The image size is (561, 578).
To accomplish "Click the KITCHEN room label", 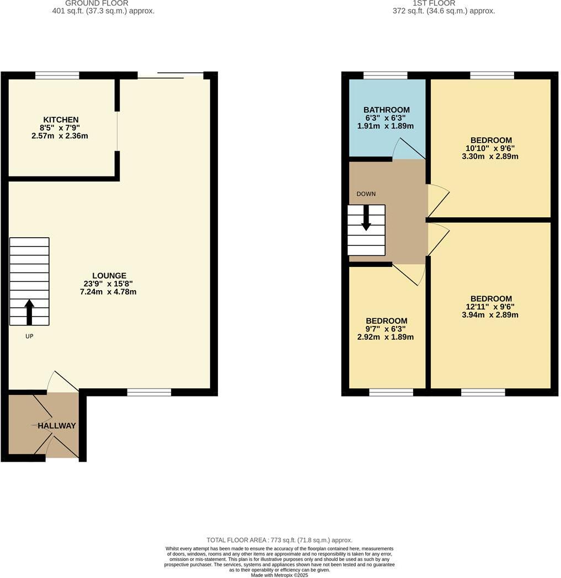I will tap(61, 120).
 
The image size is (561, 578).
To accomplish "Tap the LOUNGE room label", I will tap(109, 276).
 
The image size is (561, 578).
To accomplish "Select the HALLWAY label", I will tap(57, 426).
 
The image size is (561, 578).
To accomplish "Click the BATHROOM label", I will tap(386, 110).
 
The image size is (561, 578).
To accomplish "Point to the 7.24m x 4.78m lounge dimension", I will tap(108, 291).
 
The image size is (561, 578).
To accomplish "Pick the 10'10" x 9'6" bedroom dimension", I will tap(491, 148).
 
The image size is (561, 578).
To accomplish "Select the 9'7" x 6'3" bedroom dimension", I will tap(386, 329).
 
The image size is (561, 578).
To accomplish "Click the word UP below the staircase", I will tap(29, 336).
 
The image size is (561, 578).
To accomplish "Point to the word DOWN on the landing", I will tap(366, 194).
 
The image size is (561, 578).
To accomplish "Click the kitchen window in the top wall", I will tap(57, 76).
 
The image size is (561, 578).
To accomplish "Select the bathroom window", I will tap(385, 76).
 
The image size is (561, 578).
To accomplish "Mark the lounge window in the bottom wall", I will tap(149, 392).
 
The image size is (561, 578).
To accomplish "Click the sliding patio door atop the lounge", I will tap(171, 75).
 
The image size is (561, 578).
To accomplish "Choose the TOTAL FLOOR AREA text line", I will tap(279, 540).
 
